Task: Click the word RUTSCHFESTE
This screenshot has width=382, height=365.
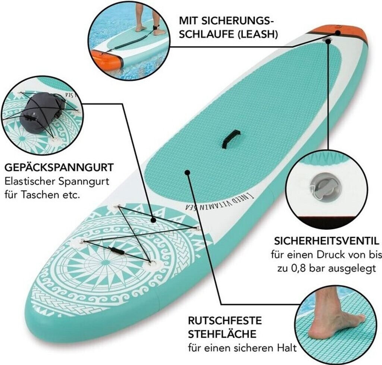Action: click(225, 321)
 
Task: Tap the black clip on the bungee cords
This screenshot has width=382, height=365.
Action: click(116, 250)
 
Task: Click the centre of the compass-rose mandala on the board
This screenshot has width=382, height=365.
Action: click(106, 262)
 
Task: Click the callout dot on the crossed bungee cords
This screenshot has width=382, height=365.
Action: click(153, 220)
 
